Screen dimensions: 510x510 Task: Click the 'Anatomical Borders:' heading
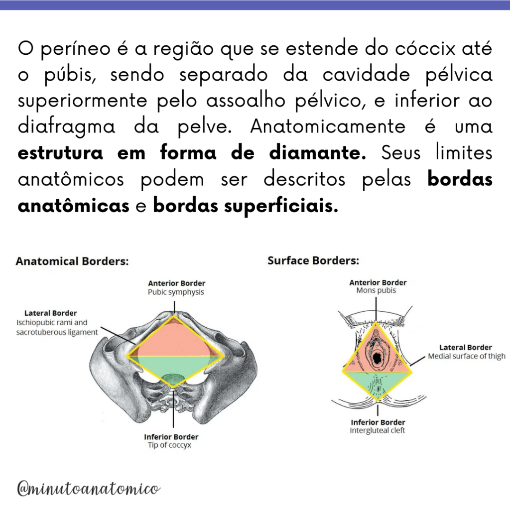72,261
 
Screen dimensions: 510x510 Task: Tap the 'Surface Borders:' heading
313,260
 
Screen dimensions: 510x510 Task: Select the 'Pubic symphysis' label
176,292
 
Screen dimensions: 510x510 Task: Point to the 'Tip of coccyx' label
169,445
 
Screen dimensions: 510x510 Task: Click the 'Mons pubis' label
377,290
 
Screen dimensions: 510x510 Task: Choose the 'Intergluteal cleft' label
378,431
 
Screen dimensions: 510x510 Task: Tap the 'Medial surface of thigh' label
467,356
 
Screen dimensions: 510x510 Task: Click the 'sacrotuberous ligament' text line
57,332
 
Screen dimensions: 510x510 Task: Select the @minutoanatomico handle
89,489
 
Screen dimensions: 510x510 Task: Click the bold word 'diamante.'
317,153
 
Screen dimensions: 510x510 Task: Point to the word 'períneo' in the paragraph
76,49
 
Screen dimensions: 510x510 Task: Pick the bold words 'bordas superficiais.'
246,206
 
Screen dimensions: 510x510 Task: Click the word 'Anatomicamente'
328,127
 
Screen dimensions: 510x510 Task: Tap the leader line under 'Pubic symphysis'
174,307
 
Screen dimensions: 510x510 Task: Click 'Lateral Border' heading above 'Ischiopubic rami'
51,313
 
